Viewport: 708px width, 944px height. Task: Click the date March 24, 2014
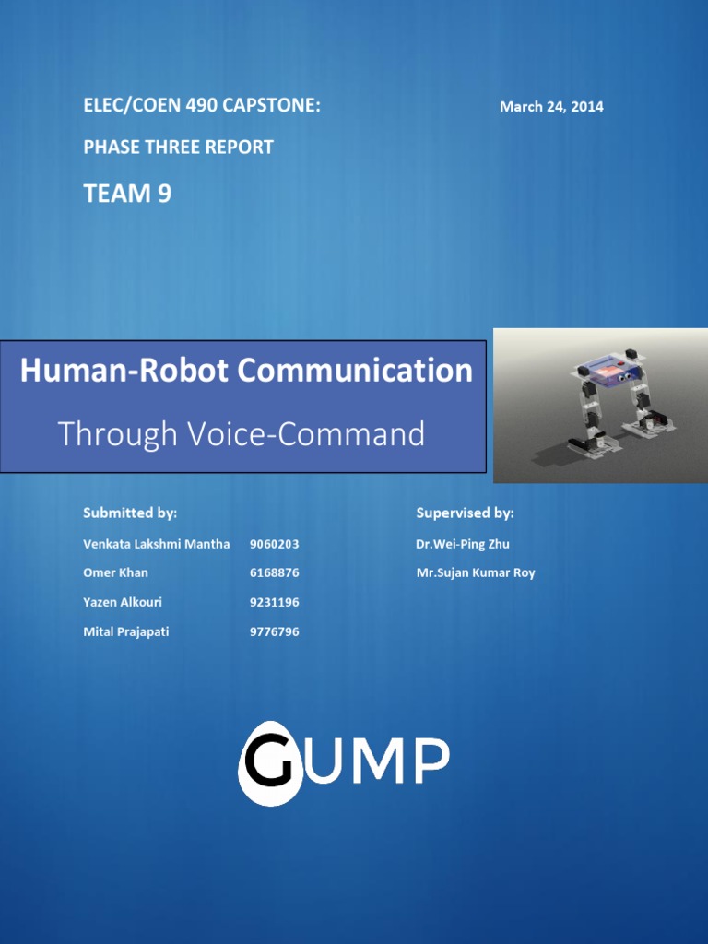551,107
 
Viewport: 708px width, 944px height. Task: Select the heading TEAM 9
127,194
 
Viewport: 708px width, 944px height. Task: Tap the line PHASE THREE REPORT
178,147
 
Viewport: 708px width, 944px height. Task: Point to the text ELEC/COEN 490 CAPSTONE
202,106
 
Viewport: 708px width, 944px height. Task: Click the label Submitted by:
130,513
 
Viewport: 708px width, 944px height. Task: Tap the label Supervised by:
465,513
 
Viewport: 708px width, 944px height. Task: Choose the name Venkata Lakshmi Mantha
156,544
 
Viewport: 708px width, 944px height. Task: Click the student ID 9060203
274,544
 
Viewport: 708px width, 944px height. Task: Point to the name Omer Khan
115,572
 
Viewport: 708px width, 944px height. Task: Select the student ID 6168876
274,572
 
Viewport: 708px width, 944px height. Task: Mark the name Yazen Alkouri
122,602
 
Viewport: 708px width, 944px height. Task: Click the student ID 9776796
274,631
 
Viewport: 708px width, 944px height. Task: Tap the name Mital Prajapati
125,631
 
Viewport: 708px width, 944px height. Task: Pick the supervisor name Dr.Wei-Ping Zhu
462,544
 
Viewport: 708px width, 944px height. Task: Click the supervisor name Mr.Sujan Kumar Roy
475,572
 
